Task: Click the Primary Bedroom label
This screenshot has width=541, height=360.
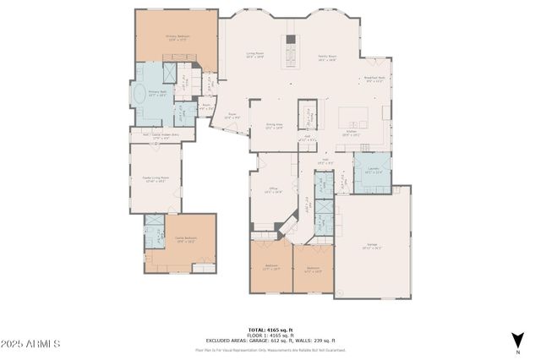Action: (x=176, y=37)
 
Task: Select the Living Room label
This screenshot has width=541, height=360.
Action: (x=255, y=57)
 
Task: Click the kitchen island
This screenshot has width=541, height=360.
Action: (x=352, y=117)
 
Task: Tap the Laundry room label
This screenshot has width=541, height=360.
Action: (x=373, y=171)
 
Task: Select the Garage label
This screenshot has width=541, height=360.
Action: (x=372, y=248)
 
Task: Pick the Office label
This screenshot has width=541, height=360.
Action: (x=273, y=190)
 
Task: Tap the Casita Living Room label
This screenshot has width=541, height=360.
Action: (x=153, y=179)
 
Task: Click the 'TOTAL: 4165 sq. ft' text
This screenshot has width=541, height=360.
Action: (x=270, y=329)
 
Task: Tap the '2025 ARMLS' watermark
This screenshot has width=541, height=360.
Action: (x=30, y=345)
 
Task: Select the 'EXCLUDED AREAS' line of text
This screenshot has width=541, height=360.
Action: (x=270, y=340)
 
